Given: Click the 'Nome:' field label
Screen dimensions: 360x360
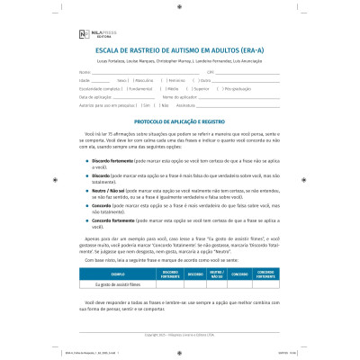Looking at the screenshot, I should pos(85,70).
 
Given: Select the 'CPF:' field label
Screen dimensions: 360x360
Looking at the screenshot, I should pos(210,70).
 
